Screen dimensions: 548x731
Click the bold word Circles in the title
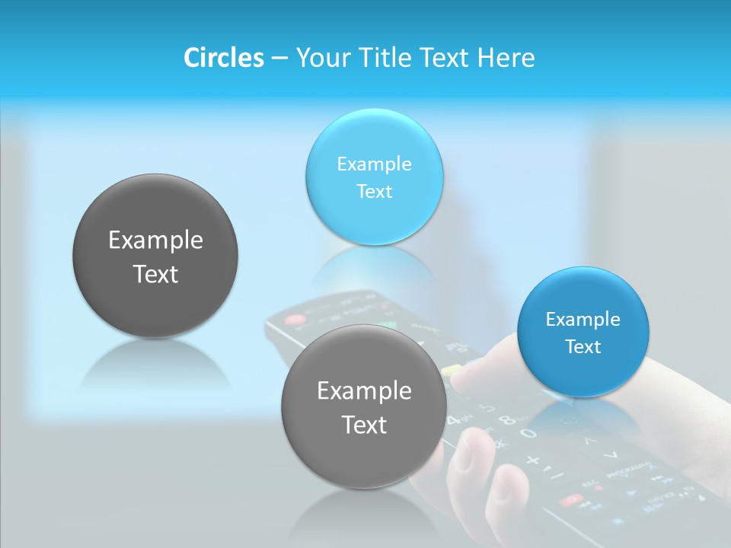coord(223,58)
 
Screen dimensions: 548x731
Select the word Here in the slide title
coord(506,58)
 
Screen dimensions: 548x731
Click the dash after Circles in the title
coord(279,59)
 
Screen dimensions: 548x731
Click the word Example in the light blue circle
coord(374,164)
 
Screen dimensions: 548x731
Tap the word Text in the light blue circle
coord(374,192)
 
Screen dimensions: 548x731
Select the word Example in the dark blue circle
coord(583,320)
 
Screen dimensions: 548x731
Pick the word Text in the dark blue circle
coord(583,347)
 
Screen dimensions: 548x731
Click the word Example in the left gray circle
coord(155,241)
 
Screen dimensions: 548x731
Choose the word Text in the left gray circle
coord(155,275)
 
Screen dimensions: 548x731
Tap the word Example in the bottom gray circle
coord(364,391)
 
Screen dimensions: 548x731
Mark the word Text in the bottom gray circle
coord(364,425)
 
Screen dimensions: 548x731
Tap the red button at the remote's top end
coord(293,320)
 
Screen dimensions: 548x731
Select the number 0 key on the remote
coord(527,434)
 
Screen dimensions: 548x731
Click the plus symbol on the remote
coord(533,460)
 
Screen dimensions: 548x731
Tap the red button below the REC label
coord(570,500)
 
